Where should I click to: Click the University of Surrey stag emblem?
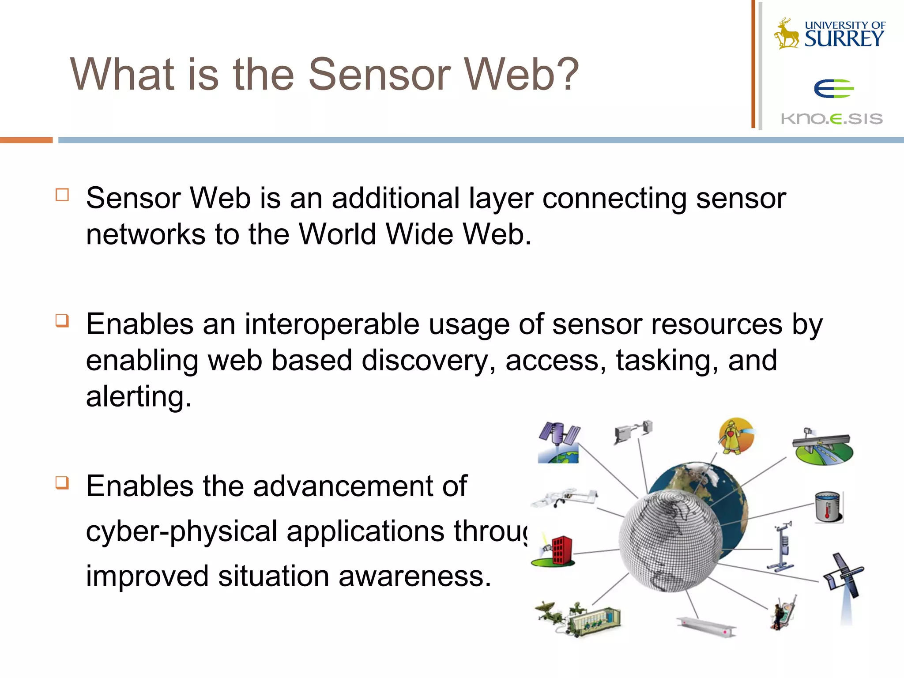786,34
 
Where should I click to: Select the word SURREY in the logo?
844,39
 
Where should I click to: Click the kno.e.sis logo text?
832,119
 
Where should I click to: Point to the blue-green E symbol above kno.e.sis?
833,88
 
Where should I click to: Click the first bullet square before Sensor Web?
62,195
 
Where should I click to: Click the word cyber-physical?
181,531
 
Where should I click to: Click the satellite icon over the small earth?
558,442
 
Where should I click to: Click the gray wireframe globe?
670,541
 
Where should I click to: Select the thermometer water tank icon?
828,507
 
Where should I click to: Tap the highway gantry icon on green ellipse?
823,447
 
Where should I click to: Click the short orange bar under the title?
26,140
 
